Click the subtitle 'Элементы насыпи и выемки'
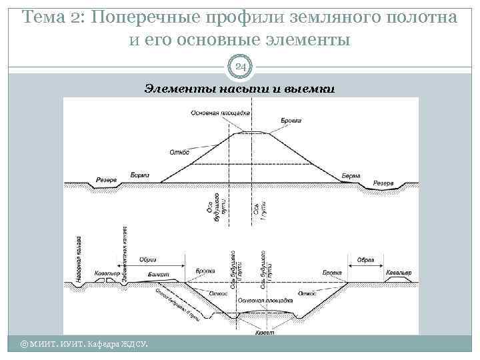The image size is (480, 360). [239, 89]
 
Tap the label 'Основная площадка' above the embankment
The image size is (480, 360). [220, 113]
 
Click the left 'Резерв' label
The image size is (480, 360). [107, 180]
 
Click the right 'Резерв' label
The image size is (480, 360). [383, 183]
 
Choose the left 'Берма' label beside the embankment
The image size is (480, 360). [140, 175]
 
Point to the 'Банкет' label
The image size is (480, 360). [159, 274]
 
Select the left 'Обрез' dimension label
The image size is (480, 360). [148, 259]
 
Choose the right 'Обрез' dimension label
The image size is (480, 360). [366, 259]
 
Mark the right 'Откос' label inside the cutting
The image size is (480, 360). [307, 293]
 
